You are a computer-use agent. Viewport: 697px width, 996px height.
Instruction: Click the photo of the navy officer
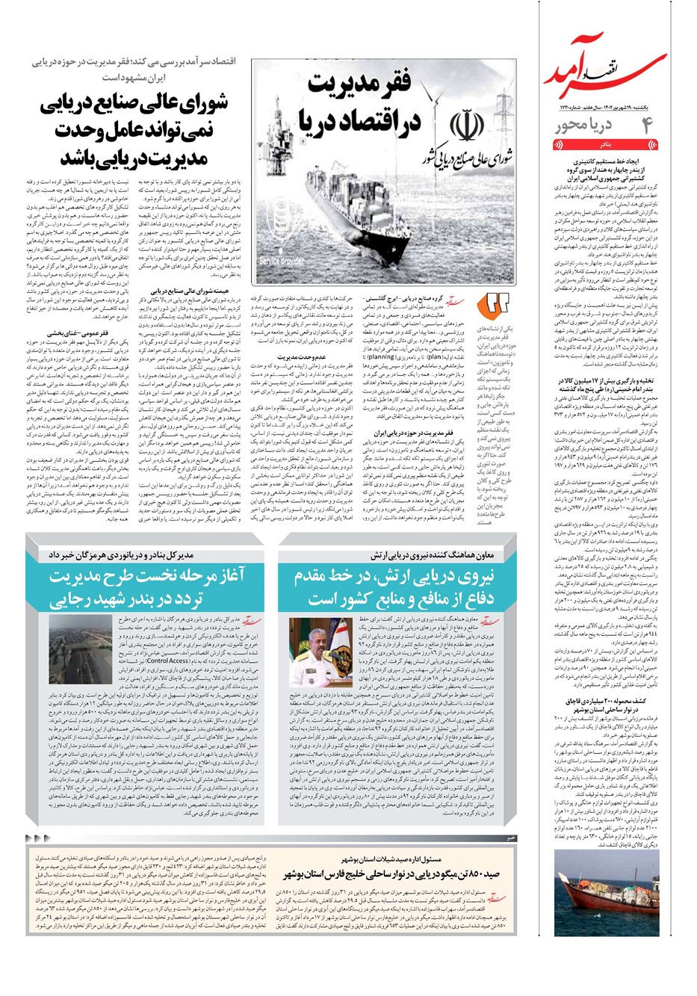(x=320, y=653)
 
